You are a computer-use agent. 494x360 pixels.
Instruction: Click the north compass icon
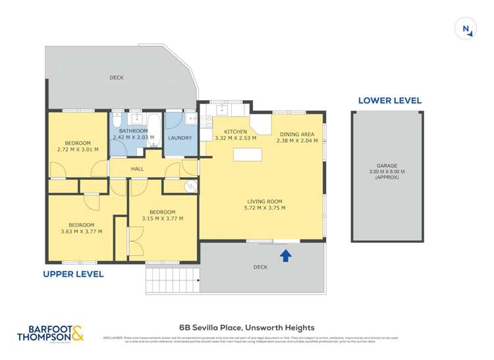466,29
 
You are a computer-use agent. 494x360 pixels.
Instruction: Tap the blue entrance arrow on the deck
285,255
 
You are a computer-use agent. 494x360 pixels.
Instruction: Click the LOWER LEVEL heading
389,101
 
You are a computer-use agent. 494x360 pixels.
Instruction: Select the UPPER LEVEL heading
73,274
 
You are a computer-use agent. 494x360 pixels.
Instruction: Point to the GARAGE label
387,166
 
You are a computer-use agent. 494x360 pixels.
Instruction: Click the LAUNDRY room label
180,138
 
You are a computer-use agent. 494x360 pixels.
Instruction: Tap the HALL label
137,169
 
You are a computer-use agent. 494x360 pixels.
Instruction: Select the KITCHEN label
235,132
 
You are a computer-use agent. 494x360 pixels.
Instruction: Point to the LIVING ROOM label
265,201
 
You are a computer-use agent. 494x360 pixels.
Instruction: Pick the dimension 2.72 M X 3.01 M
78,149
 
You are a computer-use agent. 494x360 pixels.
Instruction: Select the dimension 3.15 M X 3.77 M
163,219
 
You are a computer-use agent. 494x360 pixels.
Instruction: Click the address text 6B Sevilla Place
247,327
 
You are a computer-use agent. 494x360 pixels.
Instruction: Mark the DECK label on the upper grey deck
117,78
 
